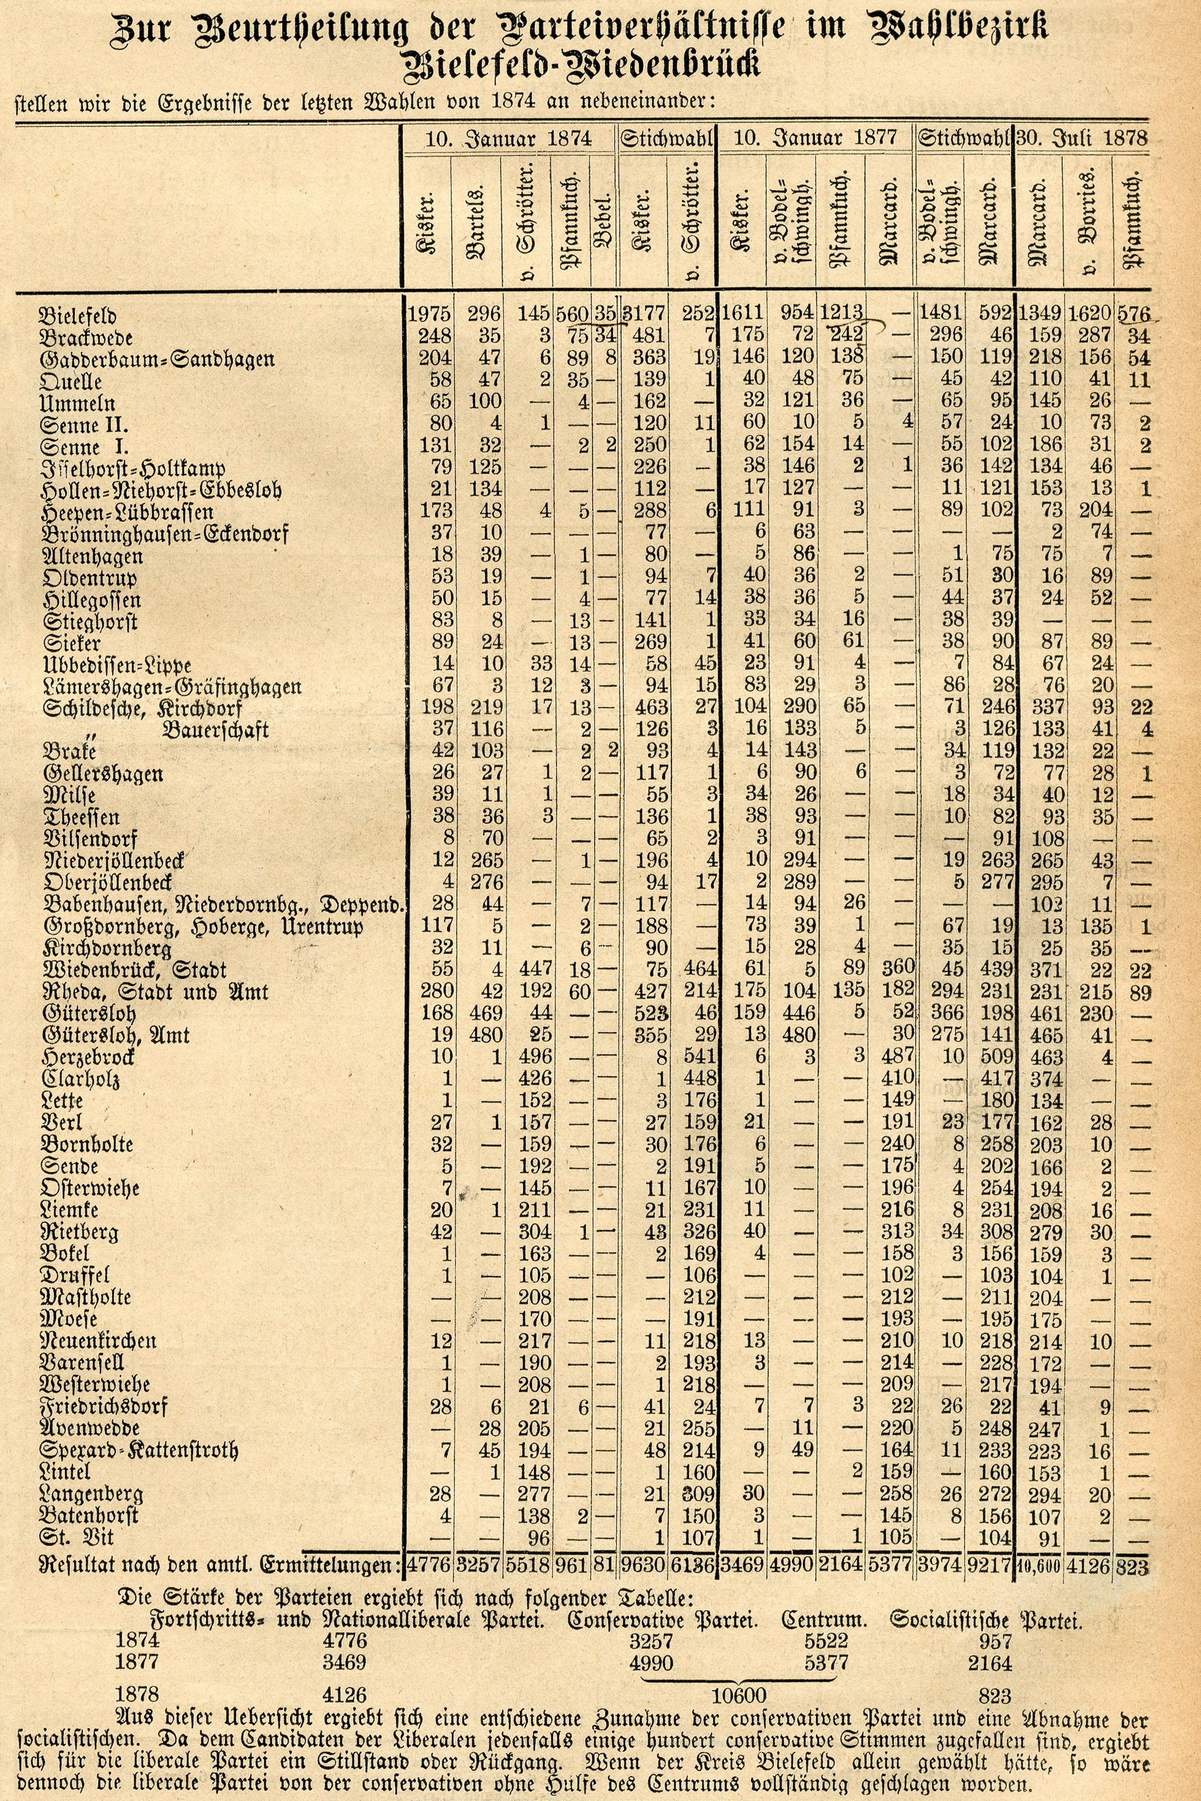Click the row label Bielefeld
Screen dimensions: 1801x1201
pyautogui.click(x=77, y=316)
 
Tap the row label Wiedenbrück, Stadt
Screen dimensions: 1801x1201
pyautogui.click(x=135, y=971)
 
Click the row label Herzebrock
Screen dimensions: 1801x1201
pyautogui.click(x=89, y=1058)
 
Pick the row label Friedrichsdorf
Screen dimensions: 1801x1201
pyautogui.click(x=105, y=1407)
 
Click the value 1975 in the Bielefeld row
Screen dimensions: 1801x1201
pyautogui.click(x=428, y=314)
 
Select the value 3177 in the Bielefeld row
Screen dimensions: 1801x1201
pyautogui.click(x=643, y=314)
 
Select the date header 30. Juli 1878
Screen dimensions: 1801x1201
pyautogui.click(x=1081, y=138)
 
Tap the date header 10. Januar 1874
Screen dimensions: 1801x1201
pyautogui.click(x=509, y=138)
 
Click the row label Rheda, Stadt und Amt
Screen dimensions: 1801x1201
pyautogui.click(x=156, y=992)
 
